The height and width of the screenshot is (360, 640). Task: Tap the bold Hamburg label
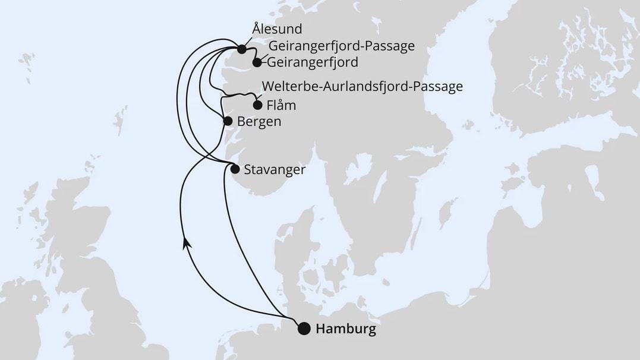pyautogui.click(x=346, y=329)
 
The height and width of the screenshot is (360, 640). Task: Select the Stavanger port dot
pyautogui.click(x=235, y=169)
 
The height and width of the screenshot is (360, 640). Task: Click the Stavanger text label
pyautogui.click(x=275, y=169)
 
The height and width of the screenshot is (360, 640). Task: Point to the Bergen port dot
pyautogui.click(x=227, y=121)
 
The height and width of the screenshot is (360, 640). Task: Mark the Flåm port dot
pyautogui.click(x=257, y=106)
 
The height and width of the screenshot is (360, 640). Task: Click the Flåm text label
pyautogui.click(x=282, y=106)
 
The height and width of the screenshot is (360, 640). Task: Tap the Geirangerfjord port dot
pyautogui.click(x=257, y=62)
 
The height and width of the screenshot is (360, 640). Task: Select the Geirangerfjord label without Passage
pyautogui.click(x=313, y=62)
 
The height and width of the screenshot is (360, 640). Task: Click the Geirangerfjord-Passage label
pyautogui.click(x=341, y=46)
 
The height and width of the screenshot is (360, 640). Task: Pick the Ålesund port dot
pyautogui.click(x=241, y=49)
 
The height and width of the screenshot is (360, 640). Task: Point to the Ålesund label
pyautogui.click(x=277, y=29)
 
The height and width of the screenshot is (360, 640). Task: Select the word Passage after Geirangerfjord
pyautogui.click(x=392, y=46)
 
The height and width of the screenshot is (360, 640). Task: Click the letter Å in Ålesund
pyautogui.click(x=256, y=29)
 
